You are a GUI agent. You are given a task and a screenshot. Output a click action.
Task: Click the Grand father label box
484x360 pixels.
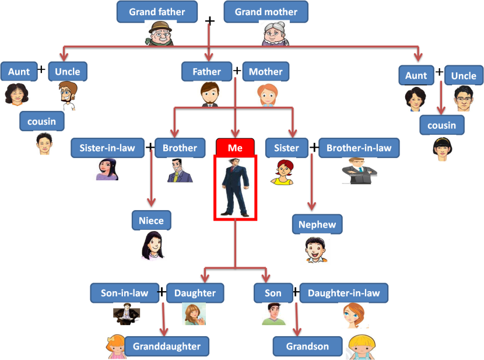[157, 12]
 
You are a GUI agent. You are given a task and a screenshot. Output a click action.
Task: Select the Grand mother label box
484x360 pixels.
[265, 12]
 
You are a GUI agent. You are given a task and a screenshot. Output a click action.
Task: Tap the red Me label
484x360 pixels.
[235, 148]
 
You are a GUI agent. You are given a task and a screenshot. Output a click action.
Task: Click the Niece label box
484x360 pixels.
[151, 221]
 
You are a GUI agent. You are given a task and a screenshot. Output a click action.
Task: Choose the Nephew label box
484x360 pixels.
[317, 225]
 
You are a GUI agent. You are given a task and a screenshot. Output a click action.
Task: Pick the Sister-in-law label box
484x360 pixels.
[107, 148]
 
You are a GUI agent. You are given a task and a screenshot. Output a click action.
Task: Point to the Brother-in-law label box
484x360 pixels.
[359, 148]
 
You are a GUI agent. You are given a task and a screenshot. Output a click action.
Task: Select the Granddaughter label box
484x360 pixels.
[166, 346]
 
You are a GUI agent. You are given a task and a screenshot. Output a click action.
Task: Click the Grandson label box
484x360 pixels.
[308, 346]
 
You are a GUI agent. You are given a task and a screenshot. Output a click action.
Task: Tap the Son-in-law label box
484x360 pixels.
[124, 293]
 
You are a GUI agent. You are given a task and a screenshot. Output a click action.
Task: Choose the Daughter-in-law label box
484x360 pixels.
[343, 293]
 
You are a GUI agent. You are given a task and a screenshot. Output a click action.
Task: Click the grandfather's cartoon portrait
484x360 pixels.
[160, 34]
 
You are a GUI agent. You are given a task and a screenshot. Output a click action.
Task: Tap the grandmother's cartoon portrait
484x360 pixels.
[275, 34]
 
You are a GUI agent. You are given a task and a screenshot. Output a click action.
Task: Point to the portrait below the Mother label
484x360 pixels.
[267, 93]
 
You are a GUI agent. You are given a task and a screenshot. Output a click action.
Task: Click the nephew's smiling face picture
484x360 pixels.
[315, 249]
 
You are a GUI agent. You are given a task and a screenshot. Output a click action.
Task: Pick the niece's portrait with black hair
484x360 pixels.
[153, 245]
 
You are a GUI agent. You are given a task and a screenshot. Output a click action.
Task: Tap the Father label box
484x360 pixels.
[207, 72]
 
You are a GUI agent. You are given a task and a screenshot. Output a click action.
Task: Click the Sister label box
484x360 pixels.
[286, 148]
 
